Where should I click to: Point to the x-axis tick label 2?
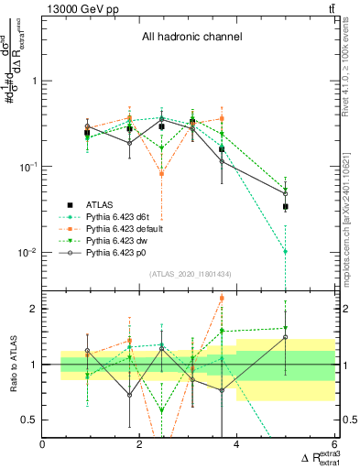coord(139,444)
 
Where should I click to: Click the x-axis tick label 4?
coord(236,444)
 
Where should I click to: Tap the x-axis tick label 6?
coord(333,444)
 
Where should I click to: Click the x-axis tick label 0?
coord(43,444)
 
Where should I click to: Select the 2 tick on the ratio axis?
coord(32,309)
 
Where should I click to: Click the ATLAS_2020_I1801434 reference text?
coord(191,274)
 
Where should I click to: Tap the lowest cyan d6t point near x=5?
coord(286,251)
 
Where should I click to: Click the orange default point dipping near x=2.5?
coord(162,172)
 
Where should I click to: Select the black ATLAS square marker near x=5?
coord(286,207)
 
